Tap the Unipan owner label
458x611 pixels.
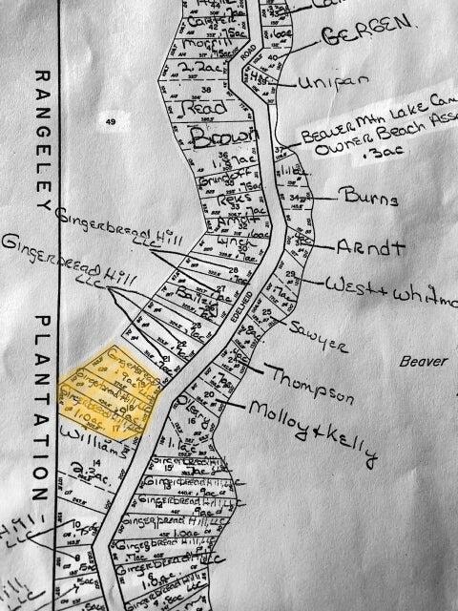pos(327,82)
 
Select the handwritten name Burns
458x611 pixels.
pos(366,199)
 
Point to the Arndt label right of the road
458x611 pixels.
pos(370,246)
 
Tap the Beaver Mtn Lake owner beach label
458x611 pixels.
pos(372,138)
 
